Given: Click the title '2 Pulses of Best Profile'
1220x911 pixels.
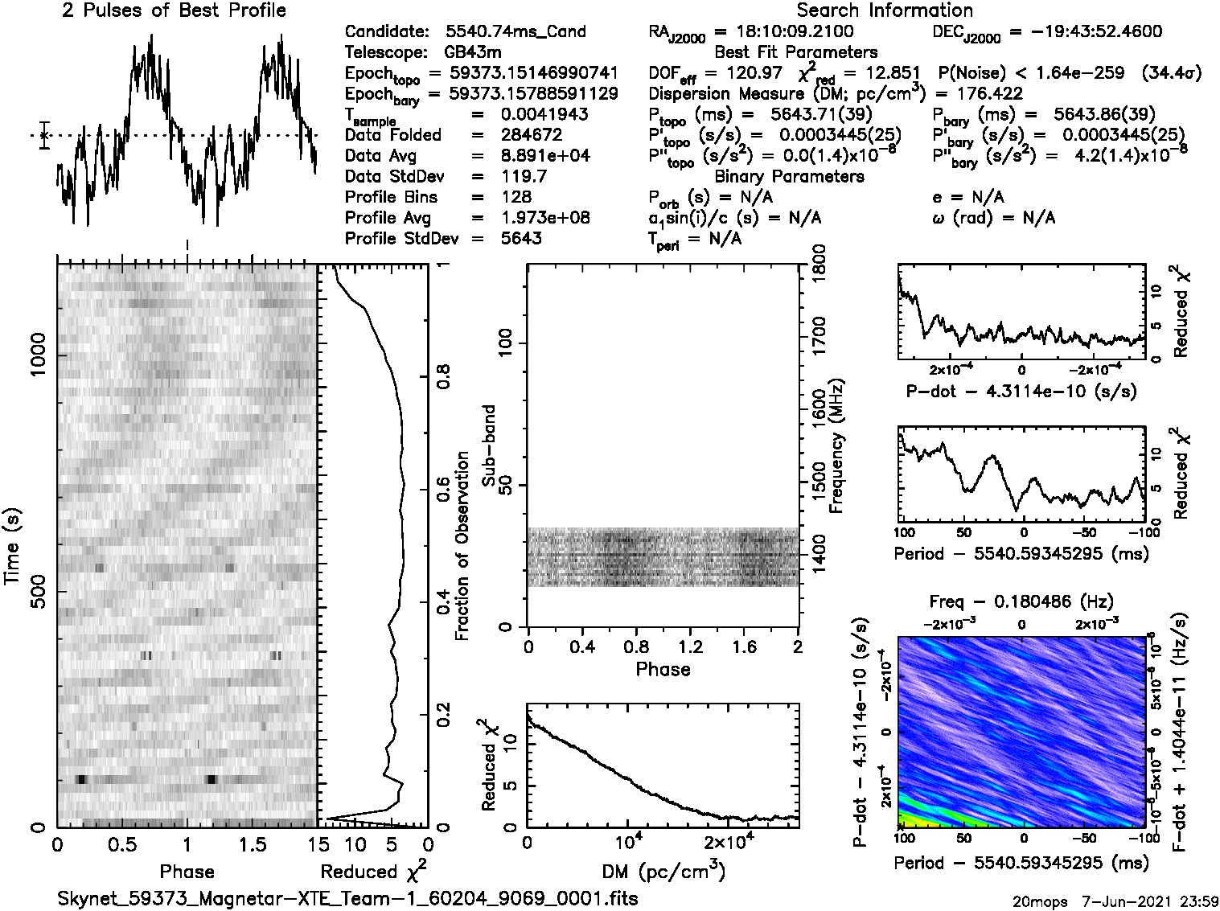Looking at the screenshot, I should pos(174,10).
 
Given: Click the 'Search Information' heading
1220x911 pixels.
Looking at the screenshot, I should pos(884,10).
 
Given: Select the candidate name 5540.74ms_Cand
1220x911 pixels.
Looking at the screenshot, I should pos(516,32).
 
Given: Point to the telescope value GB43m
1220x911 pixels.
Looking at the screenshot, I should pos(479,52).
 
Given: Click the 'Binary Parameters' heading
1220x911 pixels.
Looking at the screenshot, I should pos(789,177).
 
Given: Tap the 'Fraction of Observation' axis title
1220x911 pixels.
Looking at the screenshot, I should pos(462,546).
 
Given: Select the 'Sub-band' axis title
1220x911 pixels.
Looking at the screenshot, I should pos(488,445).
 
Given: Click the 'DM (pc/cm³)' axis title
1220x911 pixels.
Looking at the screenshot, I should pos(663,872).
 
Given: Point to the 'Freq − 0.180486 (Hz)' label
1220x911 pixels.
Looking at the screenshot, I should pos(1021,601).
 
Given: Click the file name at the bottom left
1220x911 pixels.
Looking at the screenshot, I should pos(347,898).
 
